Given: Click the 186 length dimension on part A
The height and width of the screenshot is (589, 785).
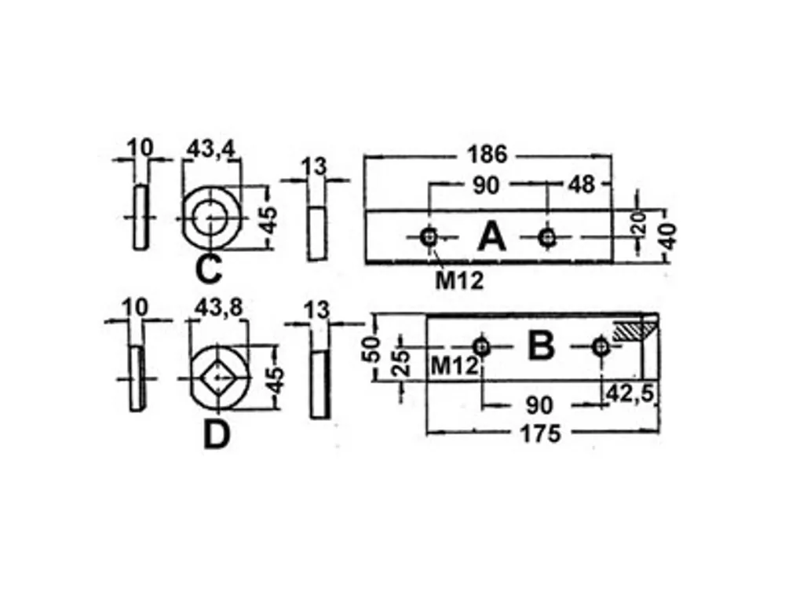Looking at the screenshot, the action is pyautogui.click(x=487, y=154).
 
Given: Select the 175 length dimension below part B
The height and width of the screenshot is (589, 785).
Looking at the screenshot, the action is pyautogui.click(x=541, y=434).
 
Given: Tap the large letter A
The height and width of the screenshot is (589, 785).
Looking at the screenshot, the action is pyautogui.click(x=491, y=237).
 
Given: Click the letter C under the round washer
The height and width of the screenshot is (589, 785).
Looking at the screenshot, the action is pyautogui.click(x=208, y=269).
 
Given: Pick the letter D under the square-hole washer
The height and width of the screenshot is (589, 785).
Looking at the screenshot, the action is pyautogui.click(x=217, y=435).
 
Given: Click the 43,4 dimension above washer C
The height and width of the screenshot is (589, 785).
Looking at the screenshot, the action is pyautogui.click(x=210, y=148).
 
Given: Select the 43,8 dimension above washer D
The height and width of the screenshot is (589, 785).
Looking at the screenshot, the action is pyautogui.click(x=218, y=308).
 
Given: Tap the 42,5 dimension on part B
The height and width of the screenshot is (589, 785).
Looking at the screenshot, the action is pyautogui.click(x=630, y=393).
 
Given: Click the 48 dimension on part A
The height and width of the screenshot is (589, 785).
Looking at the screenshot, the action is pyautogui.click(x=581, y=185).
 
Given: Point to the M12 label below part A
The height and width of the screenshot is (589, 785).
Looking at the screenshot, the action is pyautogui.click(x=459, y=281).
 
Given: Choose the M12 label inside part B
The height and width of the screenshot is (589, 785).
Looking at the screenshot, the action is pyautogui.click(x=455, y=366).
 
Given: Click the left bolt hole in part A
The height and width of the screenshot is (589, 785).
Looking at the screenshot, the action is pyautogui.click(x=429, y=236).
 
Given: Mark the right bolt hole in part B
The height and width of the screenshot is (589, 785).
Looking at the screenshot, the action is pyautogui.click(x=601, y=346).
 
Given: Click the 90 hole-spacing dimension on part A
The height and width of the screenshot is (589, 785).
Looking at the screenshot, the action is pyautogui.click(x=486, y=185).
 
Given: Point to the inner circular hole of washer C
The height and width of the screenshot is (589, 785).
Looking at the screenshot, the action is pyautogui.click(x=210, y=218).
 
